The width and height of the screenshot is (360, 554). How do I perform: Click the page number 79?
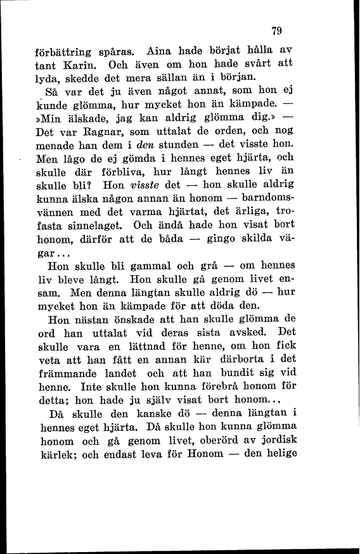coord(275,29)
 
